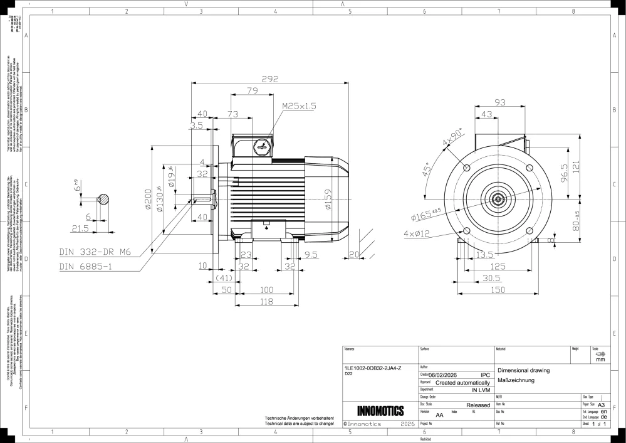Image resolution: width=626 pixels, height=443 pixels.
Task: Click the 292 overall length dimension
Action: (270, 79)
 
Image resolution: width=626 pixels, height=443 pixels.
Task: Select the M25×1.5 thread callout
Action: (299, 106)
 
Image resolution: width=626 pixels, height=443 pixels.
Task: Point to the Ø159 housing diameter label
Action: (328, 199)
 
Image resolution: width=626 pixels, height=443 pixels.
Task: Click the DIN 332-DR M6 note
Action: (96, 252)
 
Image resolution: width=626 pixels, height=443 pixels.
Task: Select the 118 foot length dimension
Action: (266, 302)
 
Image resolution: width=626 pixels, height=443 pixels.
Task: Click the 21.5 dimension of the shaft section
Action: (80, 228)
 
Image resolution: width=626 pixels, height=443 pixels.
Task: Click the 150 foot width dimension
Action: (498, 289)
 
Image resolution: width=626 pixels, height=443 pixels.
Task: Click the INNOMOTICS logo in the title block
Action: (380, 412)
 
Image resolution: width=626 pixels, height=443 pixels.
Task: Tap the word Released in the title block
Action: (478, 405)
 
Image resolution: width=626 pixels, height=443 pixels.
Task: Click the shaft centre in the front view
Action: (498, 200)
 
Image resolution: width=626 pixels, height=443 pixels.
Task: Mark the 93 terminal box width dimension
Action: (500, 102)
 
